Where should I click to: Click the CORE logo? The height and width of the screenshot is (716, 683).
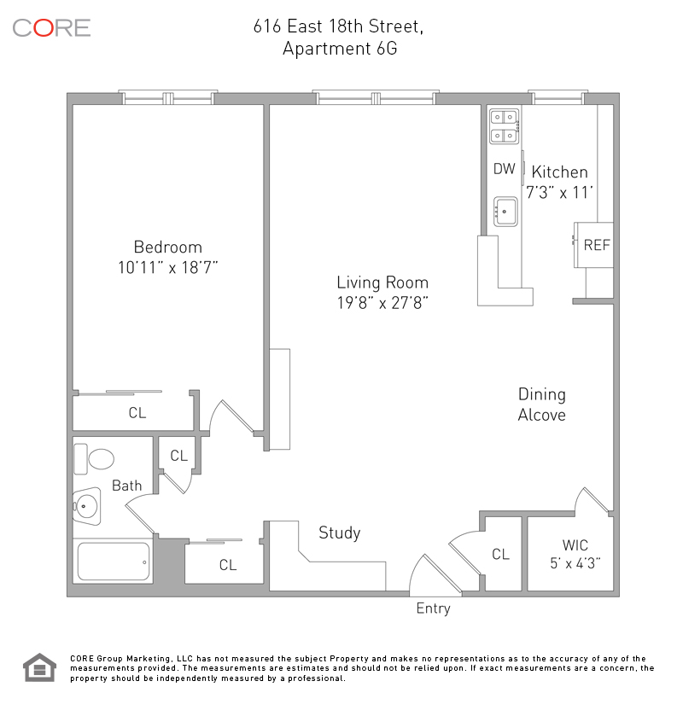51,28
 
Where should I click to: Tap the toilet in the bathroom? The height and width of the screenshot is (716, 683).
94,459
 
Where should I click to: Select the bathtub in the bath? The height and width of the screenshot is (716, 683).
114,562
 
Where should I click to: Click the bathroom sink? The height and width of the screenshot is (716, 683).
86,506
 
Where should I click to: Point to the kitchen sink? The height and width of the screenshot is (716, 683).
505,212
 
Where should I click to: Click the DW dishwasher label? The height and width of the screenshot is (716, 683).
505,169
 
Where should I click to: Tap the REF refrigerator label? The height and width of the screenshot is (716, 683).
597,245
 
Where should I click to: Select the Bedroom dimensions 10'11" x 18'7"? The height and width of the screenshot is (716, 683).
167,268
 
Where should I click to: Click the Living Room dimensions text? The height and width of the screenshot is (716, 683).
382,303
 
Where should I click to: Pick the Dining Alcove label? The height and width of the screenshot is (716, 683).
542,405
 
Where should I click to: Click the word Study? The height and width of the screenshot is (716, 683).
340,533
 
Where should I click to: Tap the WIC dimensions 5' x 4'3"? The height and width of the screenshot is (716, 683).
575,563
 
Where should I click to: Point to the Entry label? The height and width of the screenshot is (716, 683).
433,608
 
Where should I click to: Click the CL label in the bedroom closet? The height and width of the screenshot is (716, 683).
137,413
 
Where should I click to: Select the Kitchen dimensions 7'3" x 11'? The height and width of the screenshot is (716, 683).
559,192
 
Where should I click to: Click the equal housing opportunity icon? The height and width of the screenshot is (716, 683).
40,667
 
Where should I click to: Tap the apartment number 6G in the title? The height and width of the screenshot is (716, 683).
387,49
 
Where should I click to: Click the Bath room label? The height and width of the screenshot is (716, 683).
127,486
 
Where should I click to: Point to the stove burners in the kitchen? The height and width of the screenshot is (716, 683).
505,126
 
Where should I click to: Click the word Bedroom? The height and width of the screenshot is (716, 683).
167,247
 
